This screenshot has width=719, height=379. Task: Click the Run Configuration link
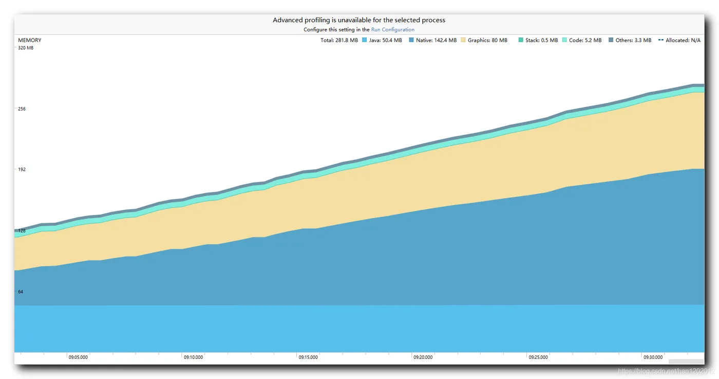point(392,30)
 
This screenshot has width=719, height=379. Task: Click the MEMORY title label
point(30,40)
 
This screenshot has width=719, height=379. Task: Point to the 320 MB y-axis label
point(26,48)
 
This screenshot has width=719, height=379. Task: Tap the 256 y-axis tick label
point(22,109)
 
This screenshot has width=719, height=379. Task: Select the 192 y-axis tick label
point(22,170)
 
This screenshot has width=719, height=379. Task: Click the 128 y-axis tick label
point(22,231)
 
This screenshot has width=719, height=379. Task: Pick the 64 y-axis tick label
point(21,292)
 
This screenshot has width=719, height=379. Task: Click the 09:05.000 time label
point(78,357)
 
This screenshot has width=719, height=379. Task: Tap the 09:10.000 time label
point(193,357)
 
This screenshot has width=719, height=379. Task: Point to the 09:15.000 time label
point(308,357)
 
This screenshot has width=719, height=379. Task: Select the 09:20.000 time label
point(423,357)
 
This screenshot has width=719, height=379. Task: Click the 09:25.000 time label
point(538,357)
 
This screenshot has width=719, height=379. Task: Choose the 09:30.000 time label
point(653,357)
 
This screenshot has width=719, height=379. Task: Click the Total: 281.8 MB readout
point(339,40)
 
